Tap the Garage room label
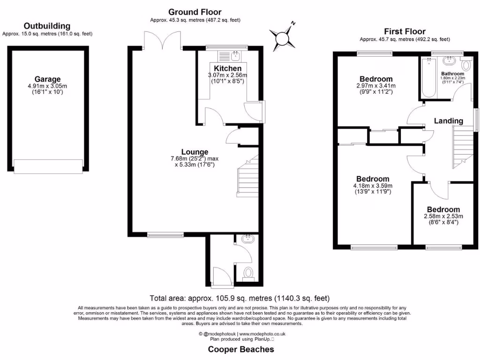[x=47, y=79]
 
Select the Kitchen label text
[x=227, y=68]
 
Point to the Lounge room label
[x=195, y=152]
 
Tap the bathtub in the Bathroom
[x=428, y=77]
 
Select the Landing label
[x=448, y=121]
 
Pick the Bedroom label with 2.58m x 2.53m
[x=443, y=210]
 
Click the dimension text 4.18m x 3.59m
[x=372, y=186]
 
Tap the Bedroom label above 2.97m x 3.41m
[x=376, y=79]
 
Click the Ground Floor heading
[x=195, y=12]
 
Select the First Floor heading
[x=404, y=31]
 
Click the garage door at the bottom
[x=47, y=166]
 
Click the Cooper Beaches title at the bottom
[x=241, y=349]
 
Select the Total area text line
[x=240, y=298]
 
